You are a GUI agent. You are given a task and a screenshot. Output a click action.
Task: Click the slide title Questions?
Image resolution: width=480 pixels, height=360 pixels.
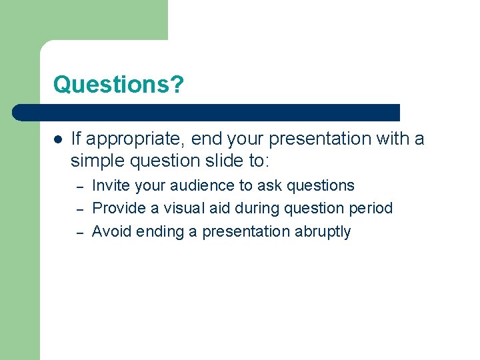coord(118,85)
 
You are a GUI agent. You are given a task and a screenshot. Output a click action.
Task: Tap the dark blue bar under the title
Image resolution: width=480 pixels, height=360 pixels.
coord(207,112)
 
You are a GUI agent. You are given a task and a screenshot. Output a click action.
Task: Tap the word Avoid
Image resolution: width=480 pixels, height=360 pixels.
coord(111,231)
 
